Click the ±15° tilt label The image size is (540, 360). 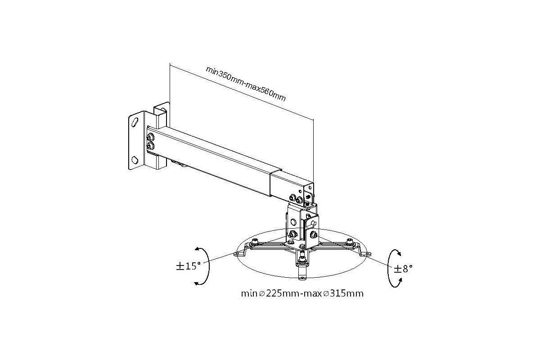(188, 266)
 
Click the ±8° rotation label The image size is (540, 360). (403, 269)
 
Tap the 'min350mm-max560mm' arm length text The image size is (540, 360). (246, 83)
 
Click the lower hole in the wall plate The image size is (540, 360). (135, 160)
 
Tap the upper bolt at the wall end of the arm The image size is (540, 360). (151, 137)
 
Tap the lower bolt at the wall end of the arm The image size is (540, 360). (151, 146)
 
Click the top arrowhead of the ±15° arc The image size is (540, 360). (197, 250)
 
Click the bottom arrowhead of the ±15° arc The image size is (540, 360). (197, 283)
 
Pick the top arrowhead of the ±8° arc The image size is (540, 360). (399, 253)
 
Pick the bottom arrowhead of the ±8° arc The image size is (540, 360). (400, 280)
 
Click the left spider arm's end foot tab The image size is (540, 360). (239, 253)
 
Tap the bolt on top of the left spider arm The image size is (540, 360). (254, 241)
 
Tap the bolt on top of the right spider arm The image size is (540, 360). (349, 241)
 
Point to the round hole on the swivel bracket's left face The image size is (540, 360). (293, 221)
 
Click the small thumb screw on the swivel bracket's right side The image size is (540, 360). (313, 223)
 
